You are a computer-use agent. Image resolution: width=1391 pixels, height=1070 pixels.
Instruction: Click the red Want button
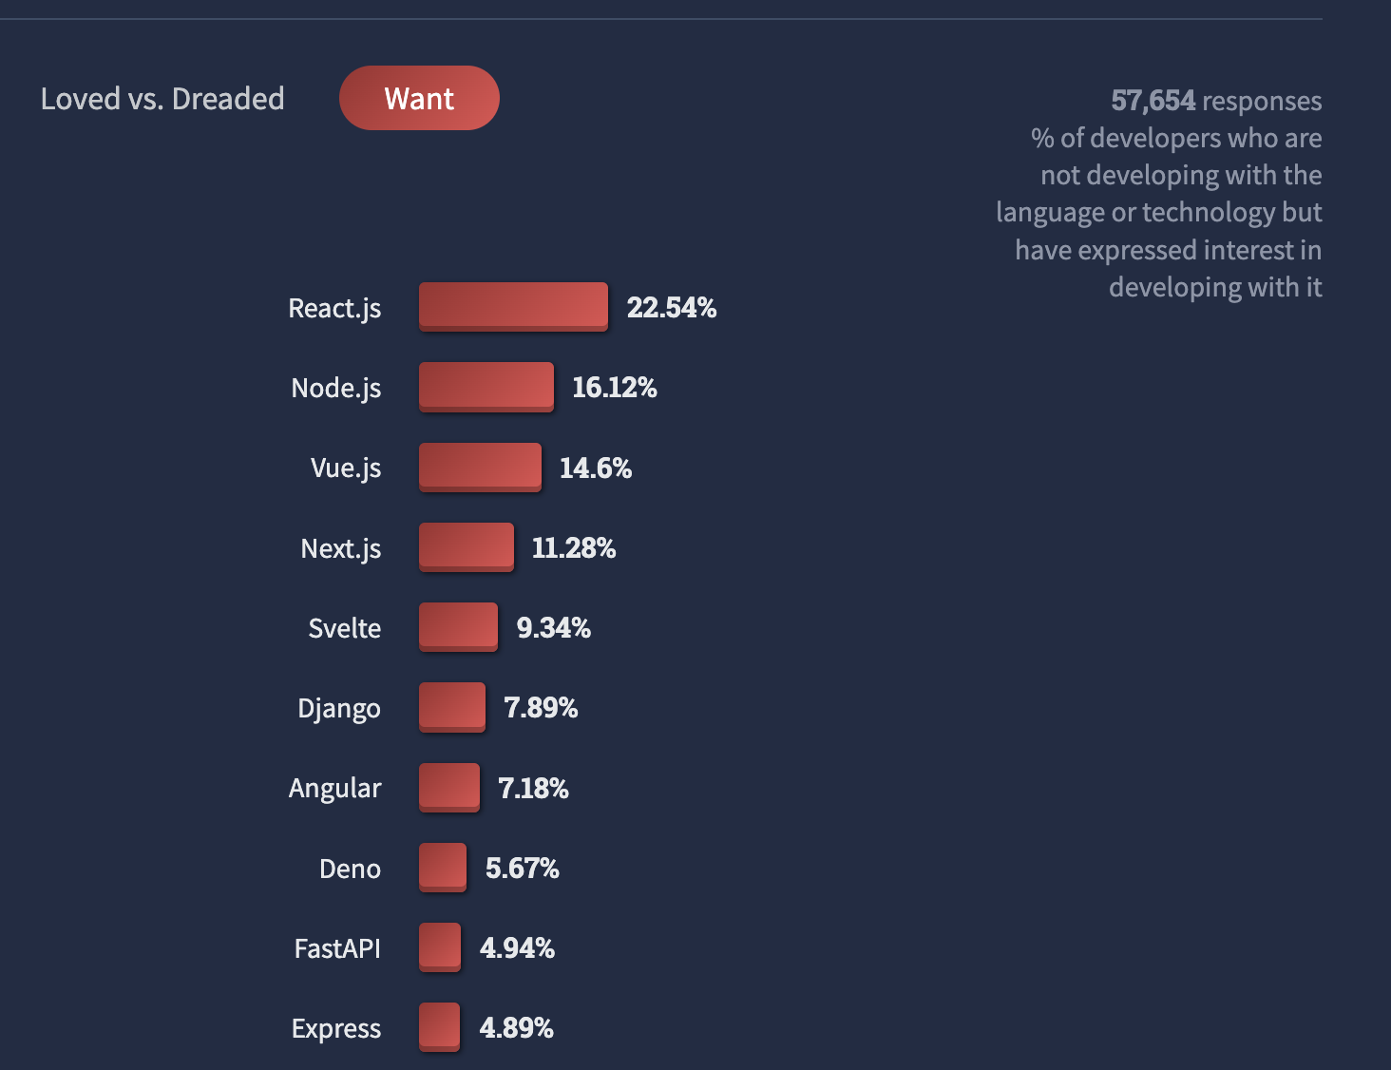tap(419, 98)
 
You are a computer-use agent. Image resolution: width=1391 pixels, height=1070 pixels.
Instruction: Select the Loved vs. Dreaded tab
tap(162, 99)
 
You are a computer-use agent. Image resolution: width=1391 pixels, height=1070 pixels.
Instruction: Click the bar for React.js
tap(513, 306)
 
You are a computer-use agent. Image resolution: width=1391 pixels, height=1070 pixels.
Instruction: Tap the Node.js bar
tap(486, 386)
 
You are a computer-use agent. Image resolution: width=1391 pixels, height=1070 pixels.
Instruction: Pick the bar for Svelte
tap(458, 626)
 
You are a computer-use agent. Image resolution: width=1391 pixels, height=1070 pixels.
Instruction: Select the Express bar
tap(439, 1026)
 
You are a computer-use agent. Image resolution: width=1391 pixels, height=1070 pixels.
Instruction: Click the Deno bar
tap(443, 867)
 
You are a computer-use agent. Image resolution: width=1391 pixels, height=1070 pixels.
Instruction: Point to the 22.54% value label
tap(671, 308)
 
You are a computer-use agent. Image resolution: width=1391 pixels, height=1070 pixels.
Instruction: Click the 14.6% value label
tap(595, 468)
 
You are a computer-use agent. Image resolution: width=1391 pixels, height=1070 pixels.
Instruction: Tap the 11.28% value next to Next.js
tap(574, 548)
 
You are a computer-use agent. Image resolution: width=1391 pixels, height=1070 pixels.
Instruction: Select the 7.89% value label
tap(541, 708)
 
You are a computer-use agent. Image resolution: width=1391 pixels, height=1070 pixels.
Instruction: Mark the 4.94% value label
tap(517, 948)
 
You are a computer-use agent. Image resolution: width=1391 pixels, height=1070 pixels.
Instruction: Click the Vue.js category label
tap(346, 468)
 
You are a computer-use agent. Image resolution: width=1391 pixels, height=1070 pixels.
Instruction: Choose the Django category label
tap(339, 709)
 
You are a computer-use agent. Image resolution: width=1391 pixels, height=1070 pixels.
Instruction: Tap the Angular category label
tap(335, 789)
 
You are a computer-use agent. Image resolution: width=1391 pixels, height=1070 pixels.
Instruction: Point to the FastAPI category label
tap(337, 948)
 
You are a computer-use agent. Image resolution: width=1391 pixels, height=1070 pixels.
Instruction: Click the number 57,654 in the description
tap(1153, 101)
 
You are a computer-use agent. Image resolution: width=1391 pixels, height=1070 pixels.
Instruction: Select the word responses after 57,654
tap(1262, 101)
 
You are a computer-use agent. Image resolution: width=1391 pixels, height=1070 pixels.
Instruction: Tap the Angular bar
tap(449, 787)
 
